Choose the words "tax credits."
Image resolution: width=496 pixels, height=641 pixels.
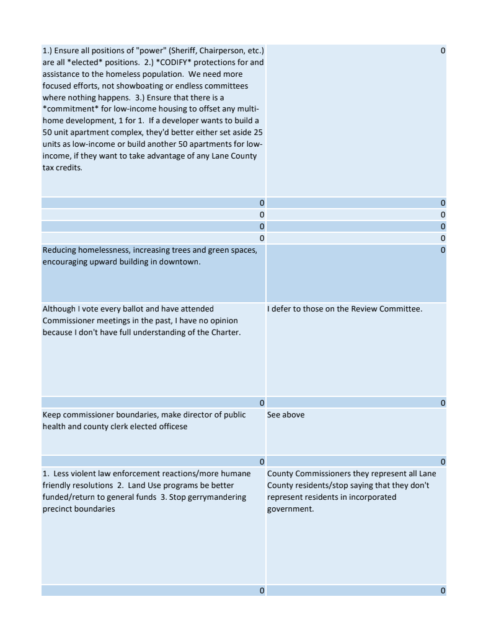click(x=62, y=168)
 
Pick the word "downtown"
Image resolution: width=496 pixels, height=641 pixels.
click(x=182, y=262)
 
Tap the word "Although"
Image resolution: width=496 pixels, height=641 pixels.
click(x=59, y=309)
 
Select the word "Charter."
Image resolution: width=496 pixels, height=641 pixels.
click(x=224, y=333)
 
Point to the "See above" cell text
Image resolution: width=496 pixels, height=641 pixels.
click(x=286, y=415)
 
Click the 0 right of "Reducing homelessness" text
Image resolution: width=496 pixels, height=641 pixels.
click(x=443, y=250)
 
